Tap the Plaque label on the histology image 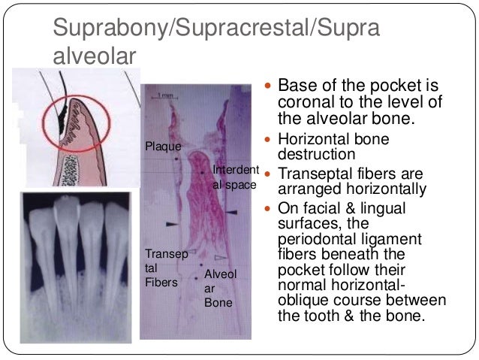point(162,146)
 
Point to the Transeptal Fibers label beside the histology point(162,268)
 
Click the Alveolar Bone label point(220,289)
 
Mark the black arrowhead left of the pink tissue point(172,224)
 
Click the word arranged point(309,189)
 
